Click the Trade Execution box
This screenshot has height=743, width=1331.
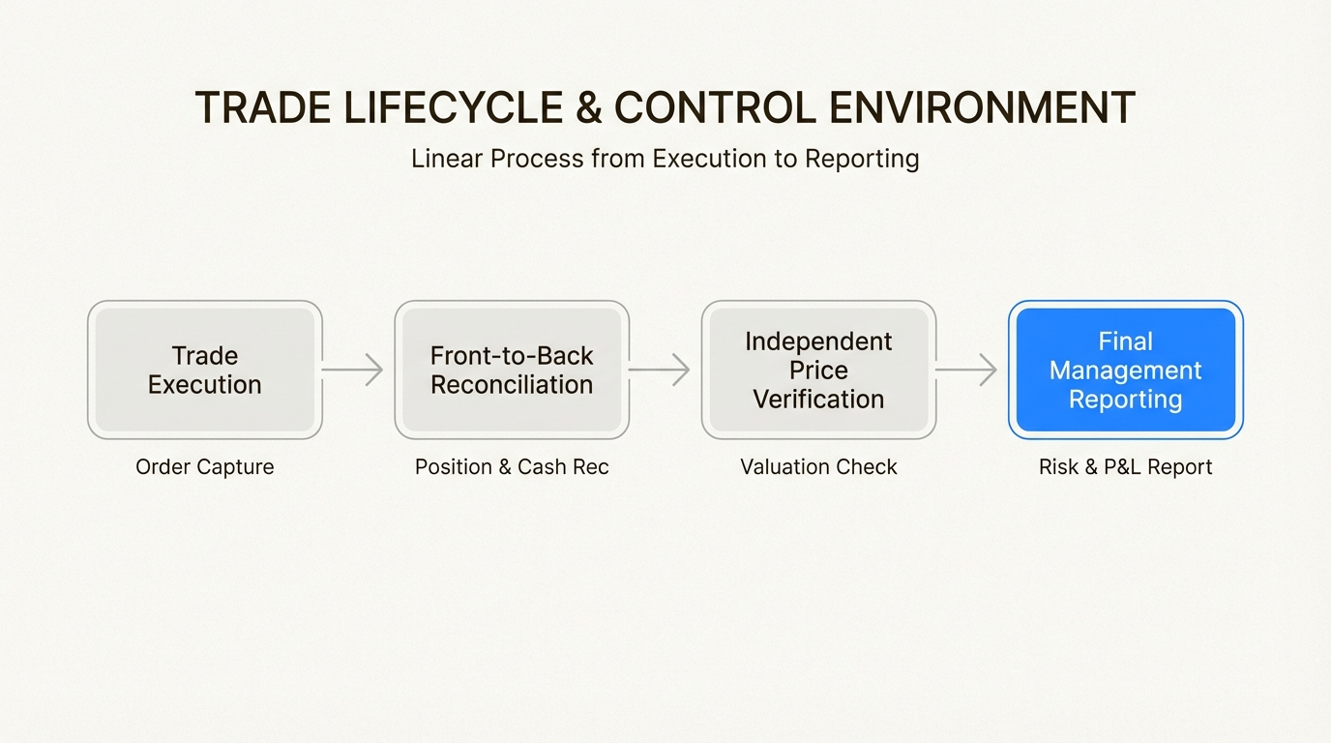pos(204,370)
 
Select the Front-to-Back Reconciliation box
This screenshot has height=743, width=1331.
pos(512,370)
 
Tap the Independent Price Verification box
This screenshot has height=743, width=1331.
pos(818,370)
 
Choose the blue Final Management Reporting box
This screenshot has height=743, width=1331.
pos(1125,370)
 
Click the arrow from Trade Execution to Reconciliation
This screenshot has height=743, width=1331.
pos(353,370)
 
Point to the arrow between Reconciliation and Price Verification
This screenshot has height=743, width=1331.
pos(660,370)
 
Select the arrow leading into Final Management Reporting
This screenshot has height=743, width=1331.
pos(966,370)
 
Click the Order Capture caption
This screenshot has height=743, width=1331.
pos(204,467)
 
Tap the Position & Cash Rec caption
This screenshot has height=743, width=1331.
pos(512,467)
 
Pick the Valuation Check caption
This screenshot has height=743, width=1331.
pos(818,467)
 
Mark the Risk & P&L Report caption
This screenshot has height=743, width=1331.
pos(1125,467)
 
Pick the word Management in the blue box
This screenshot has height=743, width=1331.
pos(1125,371)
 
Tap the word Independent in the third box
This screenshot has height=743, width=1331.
pos(818,342)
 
